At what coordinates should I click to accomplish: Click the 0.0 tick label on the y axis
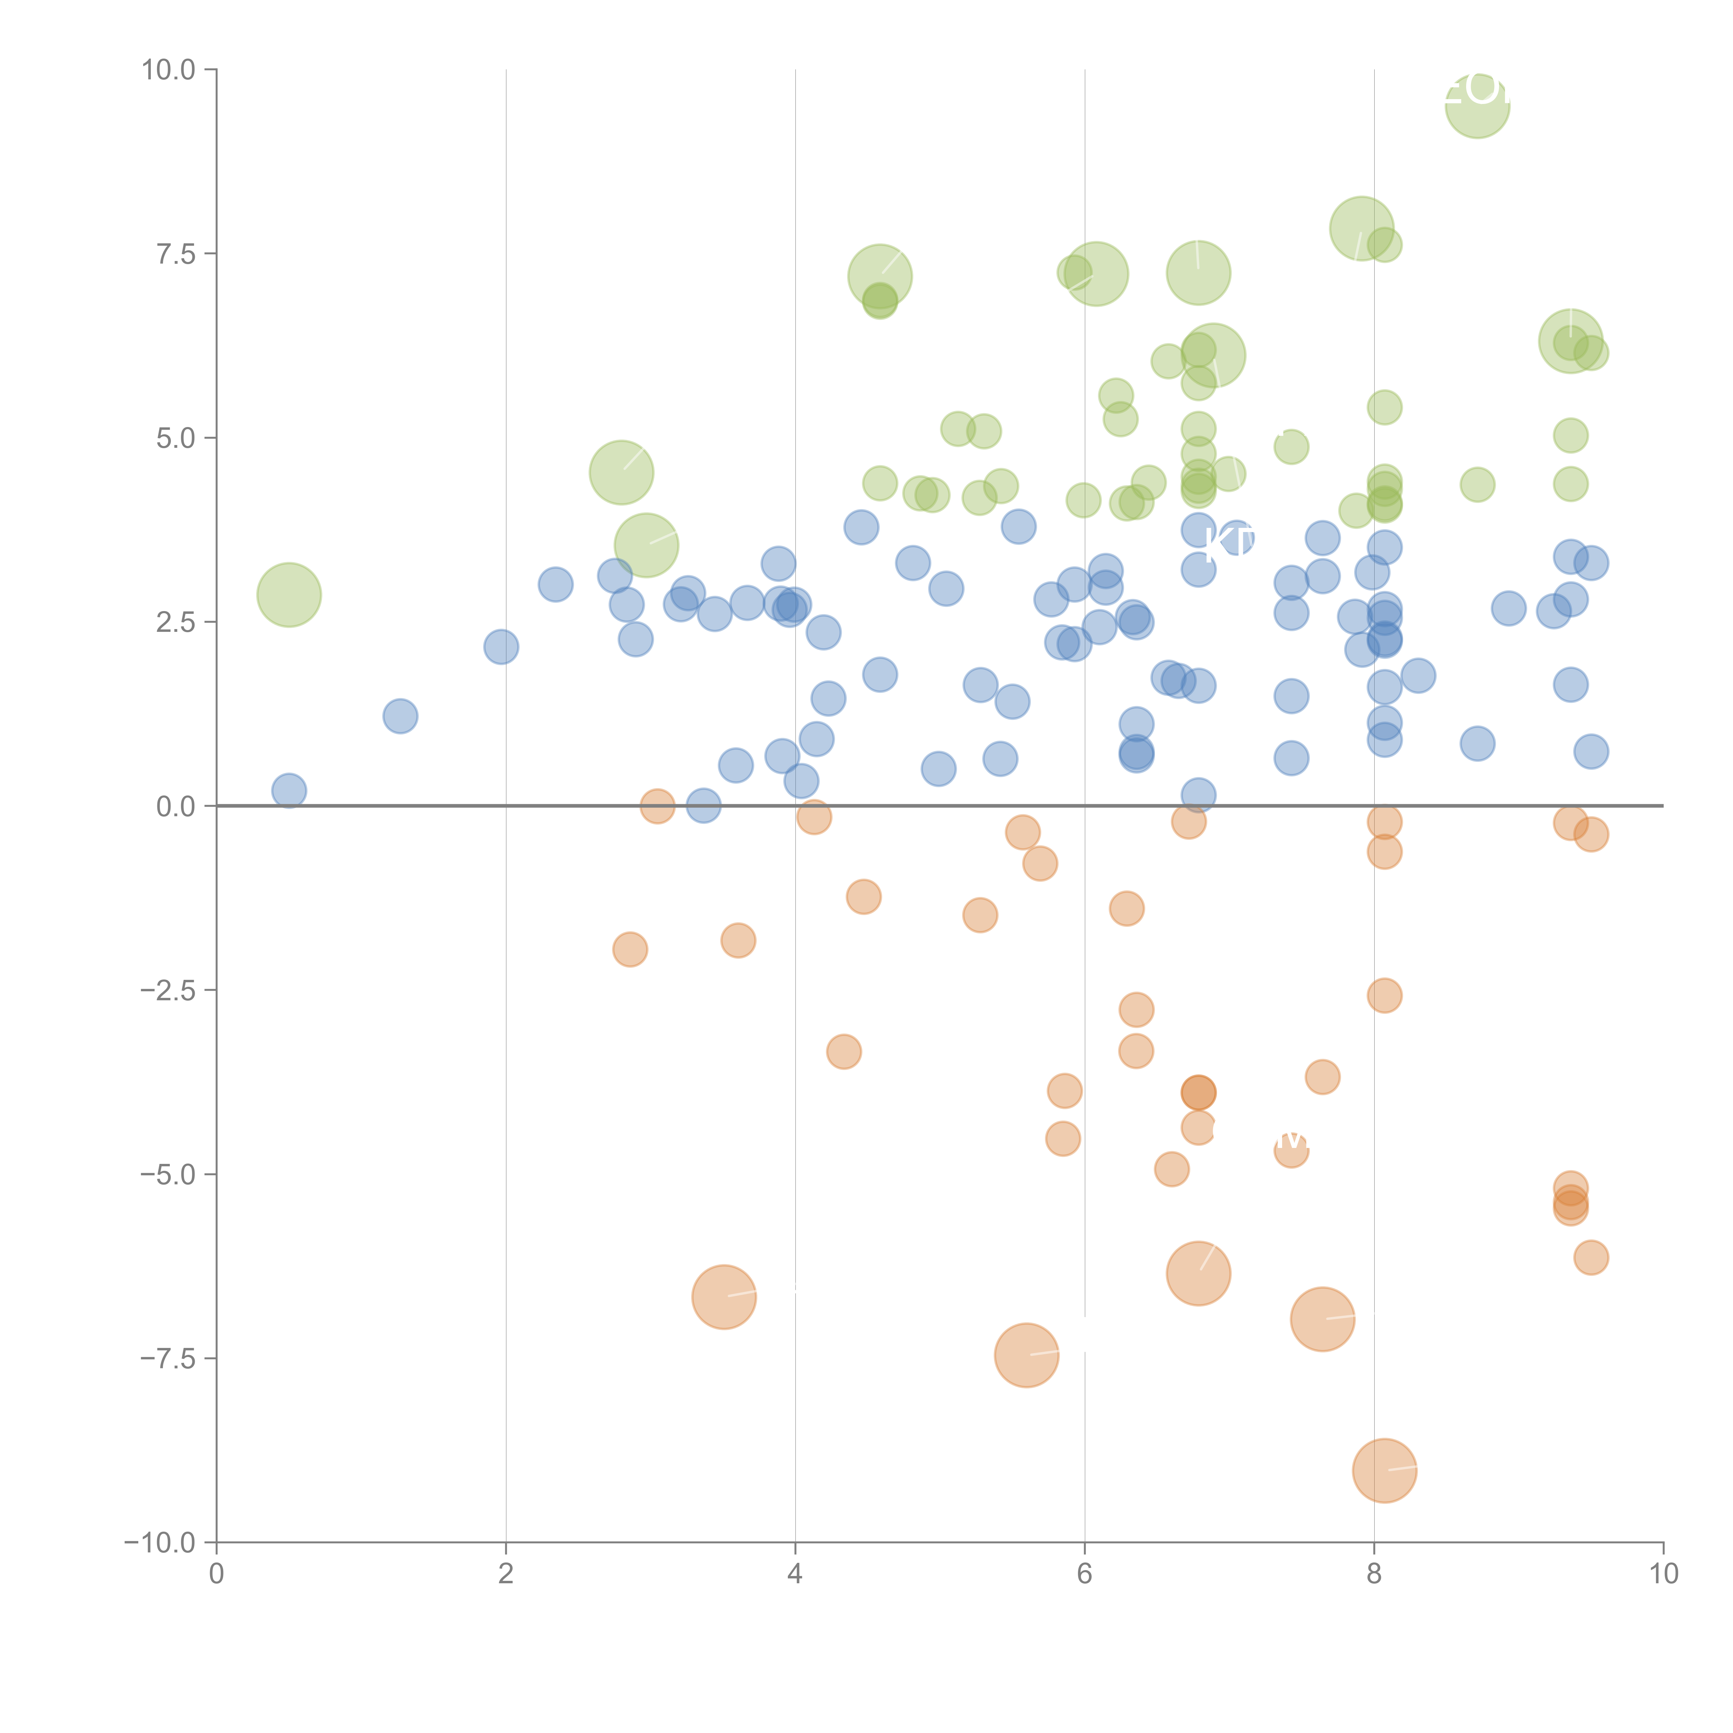pyautogui.click(x=176, y=807)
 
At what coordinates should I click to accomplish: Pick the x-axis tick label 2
pyautogui.click(x=506, y=1574)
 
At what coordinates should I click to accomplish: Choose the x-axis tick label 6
pyautogui.click(x=1085, y=1574)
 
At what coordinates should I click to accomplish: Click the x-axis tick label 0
pyautogui.click(x=216, y=1574)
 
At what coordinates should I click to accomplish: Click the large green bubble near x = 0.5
pyautogui.click(x=289, y=595)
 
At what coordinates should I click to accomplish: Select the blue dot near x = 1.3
pyautogui.click(x=400, y=716)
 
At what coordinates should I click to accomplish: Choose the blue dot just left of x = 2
pyautogui.click(x=500, y=647)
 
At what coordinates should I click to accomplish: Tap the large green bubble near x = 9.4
pyautogui.click(x=1571, y=341)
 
